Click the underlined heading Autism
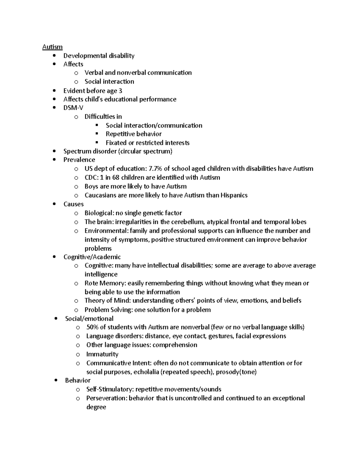click(x=52, y=47)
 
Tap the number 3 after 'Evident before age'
click(x=120, y=91)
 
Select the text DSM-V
click(x=73, y=108)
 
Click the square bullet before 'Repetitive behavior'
click(x=97, y=134)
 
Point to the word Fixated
click(x=116, y=143)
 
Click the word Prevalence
click(x=79, y=160)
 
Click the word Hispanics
click(x=234, y=195)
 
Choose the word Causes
click(x=73, y=204)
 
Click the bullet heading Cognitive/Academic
click(x=92, y=257)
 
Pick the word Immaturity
click(x=102, y=354)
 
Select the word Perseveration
click(x=107, y=398)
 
